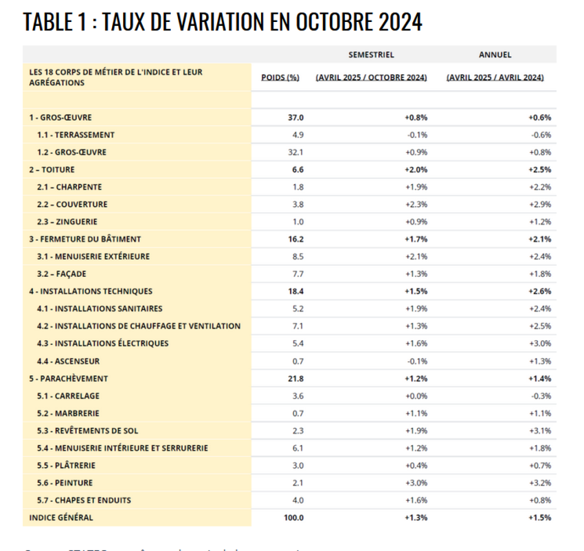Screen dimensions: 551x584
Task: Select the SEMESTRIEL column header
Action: click(x=371, y=55)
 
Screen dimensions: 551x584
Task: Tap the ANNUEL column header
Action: click(x=495, y=55)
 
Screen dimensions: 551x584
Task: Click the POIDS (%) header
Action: click(x=280, y=77)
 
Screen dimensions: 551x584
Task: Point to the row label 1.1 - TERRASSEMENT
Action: click(x=76, y=135)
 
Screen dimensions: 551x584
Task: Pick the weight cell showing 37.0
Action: click(x=296, y=117)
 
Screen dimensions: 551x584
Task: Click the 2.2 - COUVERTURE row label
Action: click(x=73, y=204)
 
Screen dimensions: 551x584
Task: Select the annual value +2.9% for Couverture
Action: click(x=540, y=204)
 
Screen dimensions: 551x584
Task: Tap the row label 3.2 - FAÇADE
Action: click(x=62, y=274)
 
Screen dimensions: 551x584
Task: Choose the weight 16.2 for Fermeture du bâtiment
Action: click(x=296, y=239)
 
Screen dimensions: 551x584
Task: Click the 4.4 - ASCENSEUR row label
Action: click(x=68, y=361)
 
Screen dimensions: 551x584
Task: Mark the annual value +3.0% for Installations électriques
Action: click(x=540, y=343)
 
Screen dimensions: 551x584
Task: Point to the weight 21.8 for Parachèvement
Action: click(x=296, y=378)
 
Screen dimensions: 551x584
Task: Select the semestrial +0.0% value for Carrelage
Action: click(x=417, y=396)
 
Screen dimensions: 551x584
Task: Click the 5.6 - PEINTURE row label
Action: click(x=65, y=483)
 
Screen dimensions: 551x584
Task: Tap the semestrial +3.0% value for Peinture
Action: click(x=417, y=483)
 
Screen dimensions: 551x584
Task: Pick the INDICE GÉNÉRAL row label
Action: click(x=61, y=518)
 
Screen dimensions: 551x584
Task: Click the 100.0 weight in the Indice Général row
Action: click(x=294, y=518)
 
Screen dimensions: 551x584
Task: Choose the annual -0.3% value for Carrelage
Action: click(x=541, y=396)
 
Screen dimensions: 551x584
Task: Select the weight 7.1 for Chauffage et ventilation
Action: click(x=298, y=326)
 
